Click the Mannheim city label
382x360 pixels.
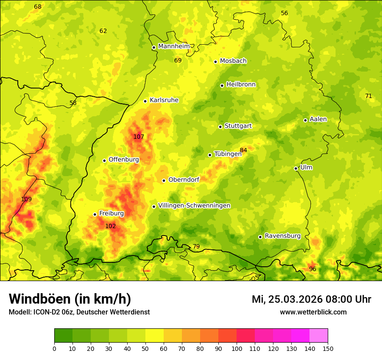click(174, 46)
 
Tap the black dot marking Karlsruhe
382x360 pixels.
click(145, 101)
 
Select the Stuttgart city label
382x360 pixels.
click(238, 126)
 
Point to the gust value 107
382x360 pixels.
click(138, 137)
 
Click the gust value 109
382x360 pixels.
click(26, 200)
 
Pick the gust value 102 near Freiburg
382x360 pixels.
click(111, 226)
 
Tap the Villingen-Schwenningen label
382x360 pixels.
click(194, 206)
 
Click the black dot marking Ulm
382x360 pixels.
click(296, 168)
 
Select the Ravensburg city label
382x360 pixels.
click(283, 236)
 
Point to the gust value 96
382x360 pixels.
click(313, 269)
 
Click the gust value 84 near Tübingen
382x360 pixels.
click(244, 151)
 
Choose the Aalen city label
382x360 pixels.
click(318, 119)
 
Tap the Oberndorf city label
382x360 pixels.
click(184, 180)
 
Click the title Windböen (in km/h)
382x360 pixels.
click(70, 299)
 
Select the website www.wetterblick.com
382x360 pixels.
click(313, 312)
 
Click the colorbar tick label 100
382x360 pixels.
click(237, 348)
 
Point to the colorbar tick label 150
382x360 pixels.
click(328, 348)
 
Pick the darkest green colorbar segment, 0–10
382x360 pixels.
click(63, 336)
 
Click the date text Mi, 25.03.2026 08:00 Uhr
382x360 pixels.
click(311, 299)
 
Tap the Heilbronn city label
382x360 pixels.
click(241, 85)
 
